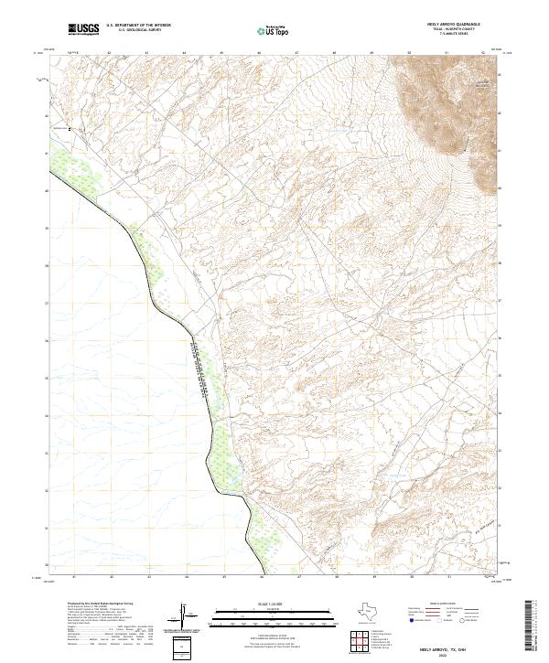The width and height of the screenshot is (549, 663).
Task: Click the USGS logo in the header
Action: [x=84, y=30]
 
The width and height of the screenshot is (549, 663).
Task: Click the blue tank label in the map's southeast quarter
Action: [x=399, y=475]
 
